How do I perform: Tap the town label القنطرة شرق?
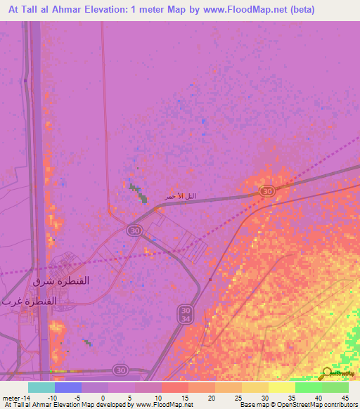62,280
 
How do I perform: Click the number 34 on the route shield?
185,320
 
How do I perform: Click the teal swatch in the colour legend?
41,387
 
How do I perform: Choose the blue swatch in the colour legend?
68,387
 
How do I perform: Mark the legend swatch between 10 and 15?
175,387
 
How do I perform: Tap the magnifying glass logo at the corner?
326,373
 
